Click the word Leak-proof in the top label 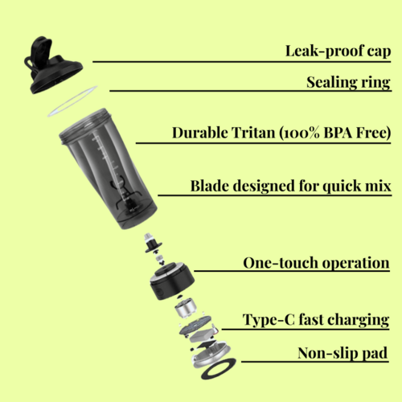[314, 51]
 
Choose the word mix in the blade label [377, 187]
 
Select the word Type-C [269, 319]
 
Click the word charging [358, 319]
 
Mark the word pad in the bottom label [375, 353]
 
